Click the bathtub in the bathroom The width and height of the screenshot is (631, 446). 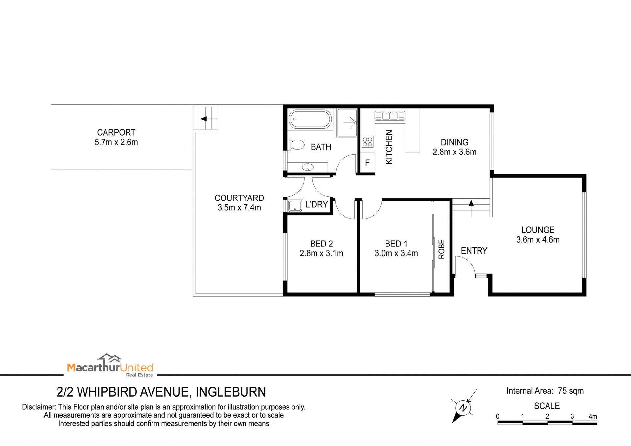[x=310, y=119]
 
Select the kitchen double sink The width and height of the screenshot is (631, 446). [x=390, y=116]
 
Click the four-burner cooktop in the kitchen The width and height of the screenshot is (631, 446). [x=367, y=142]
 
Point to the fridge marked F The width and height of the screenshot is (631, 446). [x=367, y=163]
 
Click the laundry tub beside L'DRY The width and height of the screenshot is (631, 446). [x=295, y=206]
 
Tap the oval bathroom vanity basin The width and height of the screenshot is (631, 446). [x=308, y=167]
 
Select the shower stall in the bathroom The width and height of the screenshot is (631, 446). [x=347, y=123]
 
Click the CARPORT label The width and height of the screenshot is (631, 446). [x=116, y=132]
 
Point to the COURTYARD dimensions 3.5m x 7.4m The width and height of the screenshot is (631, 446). [x=239, y=208]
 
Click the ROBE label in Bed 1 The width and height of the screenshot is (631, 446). [x=442, y=249]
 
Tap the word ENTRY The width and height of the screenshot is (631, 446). [x=474, y=251]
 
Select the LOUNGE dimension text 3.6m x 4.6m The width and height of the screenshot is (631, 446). [x=538, y=240]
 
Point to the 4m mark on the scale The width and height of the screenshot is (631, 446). [x=593, y=416]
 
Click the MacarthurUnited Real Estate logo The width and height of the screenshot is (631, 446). [x=110, y=365]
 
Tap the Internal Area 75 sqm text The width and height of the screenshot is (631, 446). [x=545, y=391]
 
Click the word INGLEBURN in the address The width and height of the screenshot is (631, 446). [x=231, y=392]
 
